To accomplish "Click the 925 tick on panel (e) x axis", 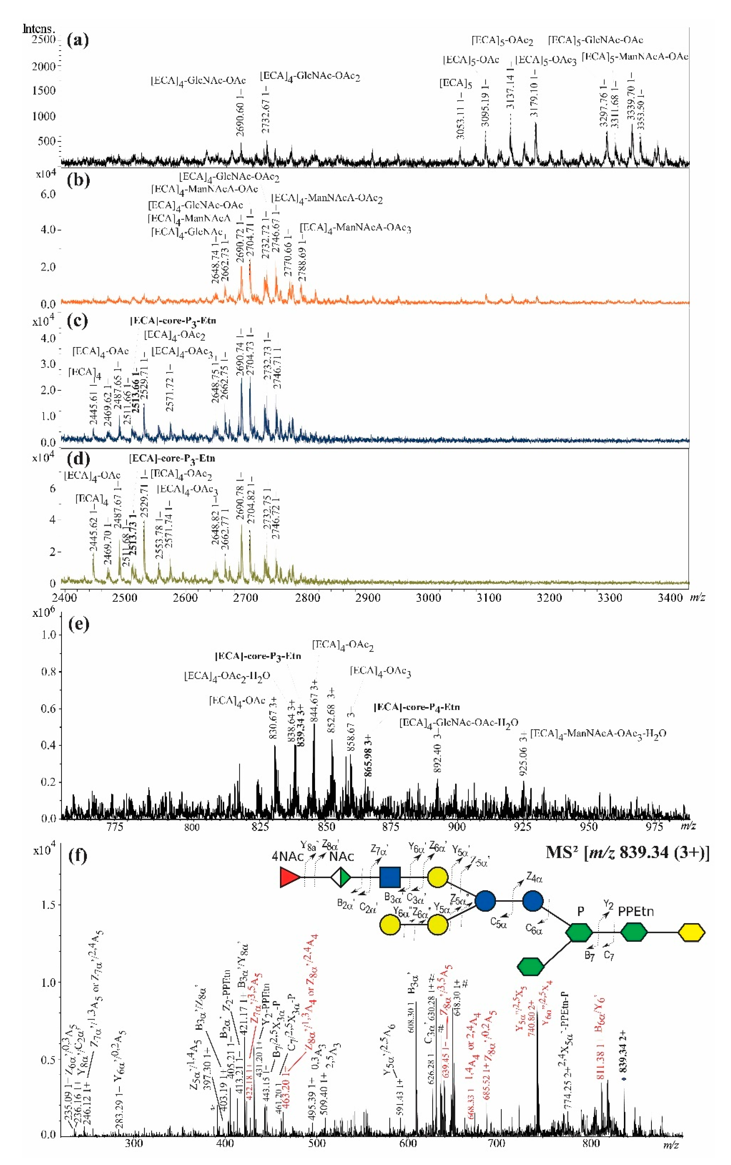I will [x=523, y=827].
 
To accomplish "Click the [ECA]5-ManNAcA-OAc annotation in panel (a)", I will [x=635, y=57].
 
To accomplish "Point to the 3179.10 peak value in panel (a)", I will [x=534, y=94].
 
